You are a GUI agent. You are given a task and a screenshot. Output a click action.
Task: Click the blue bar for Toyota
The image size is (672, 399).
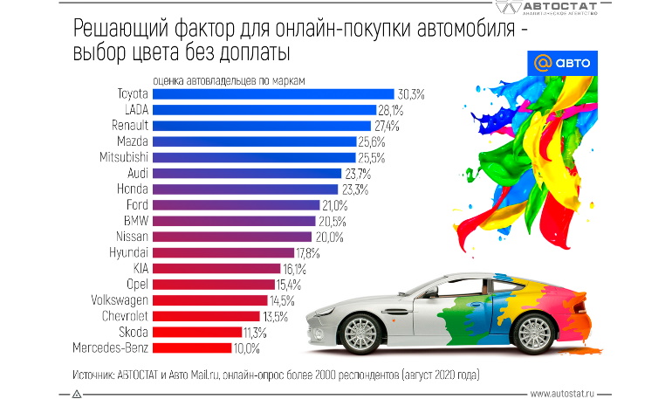click(x=274, y=93)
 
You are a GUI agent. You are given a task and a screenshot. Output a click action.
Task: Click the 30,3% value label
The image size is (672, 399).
click(x=411, y=93)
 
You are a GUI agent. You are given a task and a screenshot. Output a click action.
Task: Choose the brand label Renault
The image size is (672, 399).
click(x=129, y=126)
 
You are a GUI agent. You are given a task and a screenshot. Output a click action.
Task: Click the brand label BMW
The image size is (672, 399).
click(x=136, y=221)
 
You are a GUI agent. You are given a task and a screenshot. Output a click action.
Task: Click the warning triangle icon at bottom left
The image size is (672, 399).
click(x=77, y=393)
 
